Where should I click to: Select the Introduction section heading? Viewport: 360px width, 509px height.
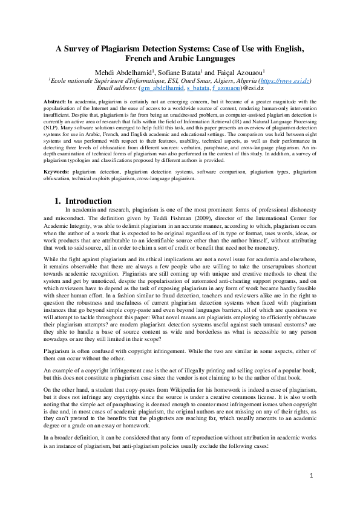point(88,201)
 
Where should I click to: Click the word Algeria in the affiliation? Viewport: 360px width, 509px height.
point(244,81)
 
